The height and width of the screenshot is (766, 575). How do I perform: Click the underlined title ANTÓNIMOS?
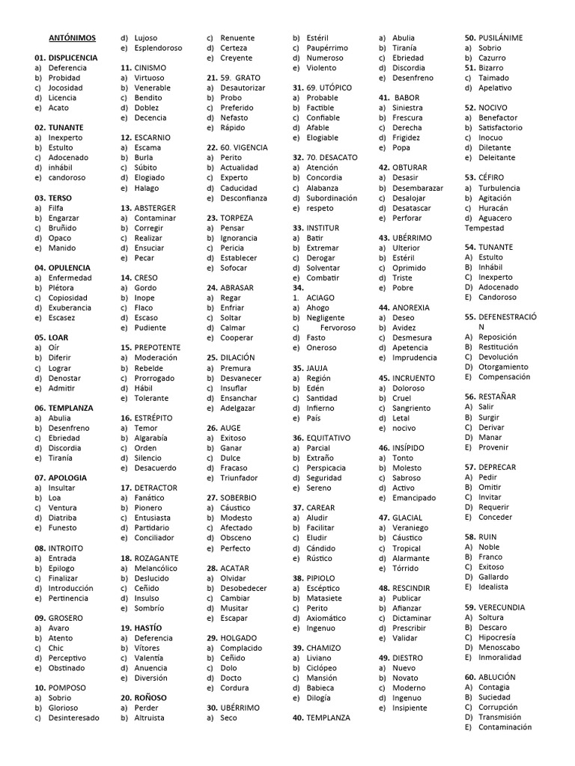[x=72, y=37]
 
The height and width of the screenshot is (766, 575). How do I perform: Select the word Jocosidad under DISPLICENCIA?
[x=65, y=88]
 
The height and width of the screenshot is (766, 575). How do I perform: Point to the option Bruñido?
[x=64, y=228]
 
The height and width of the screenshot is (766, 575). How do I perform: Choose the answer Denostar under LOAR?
[x=64, y=379]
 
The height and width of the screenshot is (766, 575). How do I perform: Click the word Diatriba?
[x=62, y=518]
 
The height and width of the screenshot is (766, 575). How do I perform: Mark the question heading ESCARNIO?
[x=152, y=138]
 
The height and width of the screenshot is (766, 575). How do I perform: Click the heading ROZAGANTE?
[x=156, y=558]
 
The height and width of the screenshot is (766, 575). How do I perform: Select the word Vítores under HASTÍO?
[x=147, y=648]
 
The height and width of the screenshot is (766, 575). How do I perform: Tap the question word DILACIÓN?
[x=237, y=358]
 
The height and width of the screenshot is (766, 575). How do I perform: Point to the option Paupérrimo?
[x=327, y=48]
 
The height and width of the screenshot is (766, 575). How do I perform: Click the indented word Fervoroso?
[x=338, y=328]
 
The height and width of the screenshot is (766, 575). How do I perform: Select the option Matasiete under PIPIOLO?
[x=324, y=598]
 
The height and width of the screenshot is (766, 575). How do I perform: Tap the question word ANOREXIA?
[x=411, y=307]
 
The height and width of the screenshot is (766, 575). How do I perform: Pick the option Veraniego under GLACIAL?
[x=410, y=528]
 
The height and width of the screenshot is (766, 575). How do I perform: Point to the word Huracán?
[x=493, y=208]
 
